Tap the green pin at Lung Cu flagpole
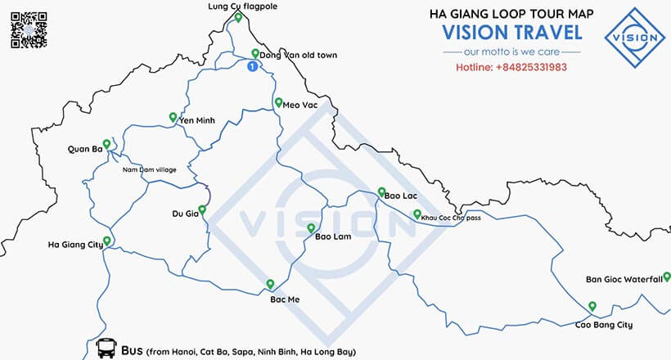[x=237, y=17]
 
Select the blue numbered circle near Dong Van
[x=253, y=65]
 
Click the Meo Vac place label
[x=299, y=105]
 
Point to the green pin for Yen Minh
[x=173, y=117]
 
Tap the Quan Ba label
[x=85, y=149]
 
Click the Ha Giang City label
[x=75, y=244]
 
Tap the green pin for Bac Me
[x=270, y=284]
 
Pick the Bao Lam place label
[x=333, y=237]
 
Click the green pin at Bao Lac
[x=381, y=192]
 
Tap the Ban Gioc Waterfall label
[x=623, y=279]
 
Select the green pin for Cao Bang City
[x=592, y=307]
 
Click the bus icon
[x=106, y=349]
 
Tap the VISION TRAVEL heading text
[x=512, y=33]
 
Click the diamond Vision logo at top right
[x=635, y=37]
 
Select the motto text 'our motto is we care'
[x=511, y=51]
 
